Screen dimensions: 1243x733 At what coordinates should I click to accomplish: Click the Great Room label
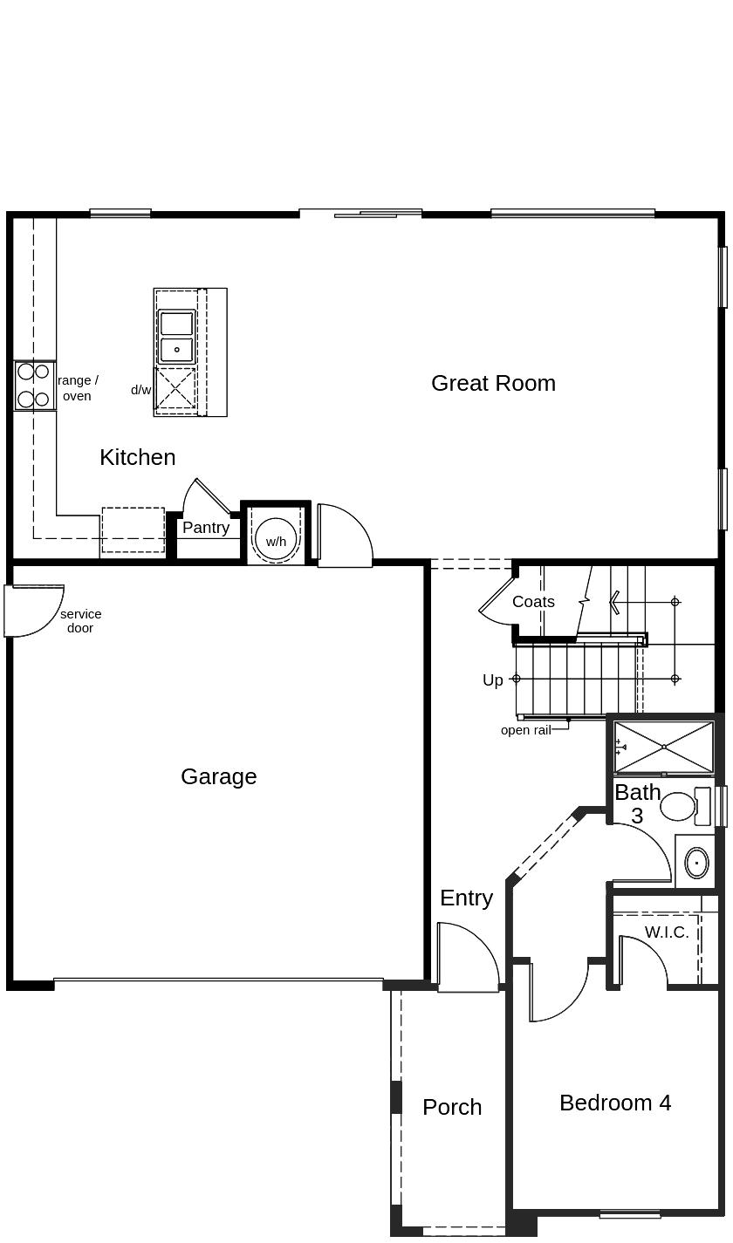click(x=493, y=383)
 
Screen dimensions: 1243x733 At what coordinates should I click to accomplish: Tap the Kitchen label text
click(x=137, y=457)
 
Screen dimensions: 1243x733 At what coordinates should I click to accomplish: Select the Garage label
click(x=218, y=776)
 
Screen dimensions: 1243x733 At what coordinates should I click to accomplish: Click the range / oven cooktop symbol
click(x=34, y=386)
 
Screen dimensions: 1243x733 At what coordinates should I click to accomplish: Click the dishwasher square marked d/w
click(x=175, y=389)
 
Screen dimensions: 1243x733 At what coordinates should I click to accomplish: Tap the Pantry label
click(x=206, y=528)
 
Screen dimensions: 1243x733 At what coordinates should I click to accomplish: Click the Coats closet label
click(x=533, y=602)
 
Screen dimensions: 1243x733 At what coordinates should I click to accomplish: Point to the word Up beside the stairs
click(x=493, y=680)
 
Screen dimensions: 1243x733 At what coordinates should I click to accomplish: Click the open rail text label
click(x=525, y=730)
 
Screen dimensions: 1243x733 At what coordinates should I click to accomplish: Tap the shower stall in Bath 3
click(x=664, y=747)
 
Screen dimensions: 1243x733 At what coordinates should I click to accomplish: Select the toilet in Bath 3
click(x=681, y=805)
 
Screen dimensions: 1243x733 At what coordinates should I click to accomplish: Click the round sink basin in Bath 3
click(x=696, y=863)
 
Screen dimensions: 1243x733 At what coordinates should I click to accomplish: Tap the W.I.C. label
click(x=667, y=932)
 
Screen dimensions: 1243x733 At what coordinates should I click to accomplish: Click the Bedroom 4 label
click(x=615, y=1103)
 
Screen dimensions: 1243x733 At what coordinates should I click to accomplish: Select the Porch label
click(x=452, y=1107)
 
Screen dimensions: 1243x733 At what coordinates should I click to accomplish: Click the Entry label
click(x=466, y=898)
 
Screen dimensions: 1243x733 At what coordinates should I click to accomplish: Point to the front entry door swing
click(x=467, y=960)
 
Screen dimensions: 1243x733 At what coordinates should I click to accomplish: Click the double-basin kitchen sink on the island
click(x=176, y=337)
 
